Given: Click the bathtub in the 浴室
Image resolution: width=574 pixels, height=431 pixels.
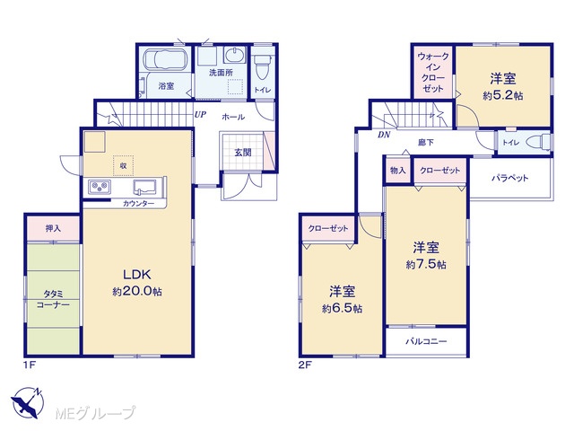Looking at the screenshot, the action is coord(166,59).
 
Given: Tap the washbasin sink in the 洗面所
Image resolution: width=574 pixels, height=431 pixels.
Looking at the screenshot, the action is coord(233,57).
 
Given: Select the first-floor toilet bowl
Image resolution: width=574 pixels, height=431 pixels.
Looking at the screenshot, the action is coord(262,66).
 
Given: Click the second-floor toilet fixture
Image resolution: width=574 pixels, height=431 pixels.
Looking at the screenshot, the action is coord(539,142).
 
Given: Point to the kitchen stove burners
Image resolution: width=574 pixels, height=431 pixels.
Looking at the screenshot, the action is coord(100,187).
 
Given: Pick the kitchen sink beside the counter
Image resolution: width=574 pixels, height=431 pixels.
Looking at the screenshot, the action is coord(145,187).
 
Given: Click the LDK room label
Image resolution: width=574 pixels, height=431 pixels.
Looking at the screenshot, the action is coord(136,274).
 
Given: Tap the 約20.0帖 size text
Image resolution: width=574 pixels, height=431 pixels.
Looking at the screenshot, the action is coord(137,291).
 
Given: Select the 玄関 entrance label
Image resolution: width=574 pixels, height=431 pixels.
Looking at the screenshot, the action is coord(243,152).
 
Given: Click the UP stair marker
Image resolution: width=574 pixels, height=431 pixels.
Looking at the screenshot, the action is coord(200,115).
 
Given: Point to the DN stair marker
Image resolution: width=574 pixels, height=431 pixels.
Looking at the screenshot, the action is coord(384,135).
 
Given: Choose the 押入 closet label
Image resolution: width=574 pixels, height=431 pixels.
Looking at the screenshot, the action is coord(53,228).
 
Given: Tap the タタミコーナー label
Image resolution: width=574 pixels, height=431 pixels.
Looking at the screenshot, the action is coord(53,299).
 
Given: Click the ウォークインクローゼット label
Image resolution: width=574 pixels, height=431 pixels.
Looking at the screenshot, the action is coord(433,72).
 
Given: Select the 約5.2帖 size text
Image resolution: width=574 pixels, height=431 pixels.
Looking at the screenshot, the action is coord(502,96).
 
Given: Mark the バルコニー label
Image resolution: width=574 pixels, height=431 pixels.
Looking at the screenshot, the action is coord(426,341).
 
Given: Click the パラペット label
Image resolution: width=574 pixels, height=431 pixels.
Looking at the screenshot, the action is coord(510,178).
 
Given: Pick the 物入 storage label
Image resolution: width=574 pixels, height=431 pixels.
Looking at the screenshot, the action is coord(398,171).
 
